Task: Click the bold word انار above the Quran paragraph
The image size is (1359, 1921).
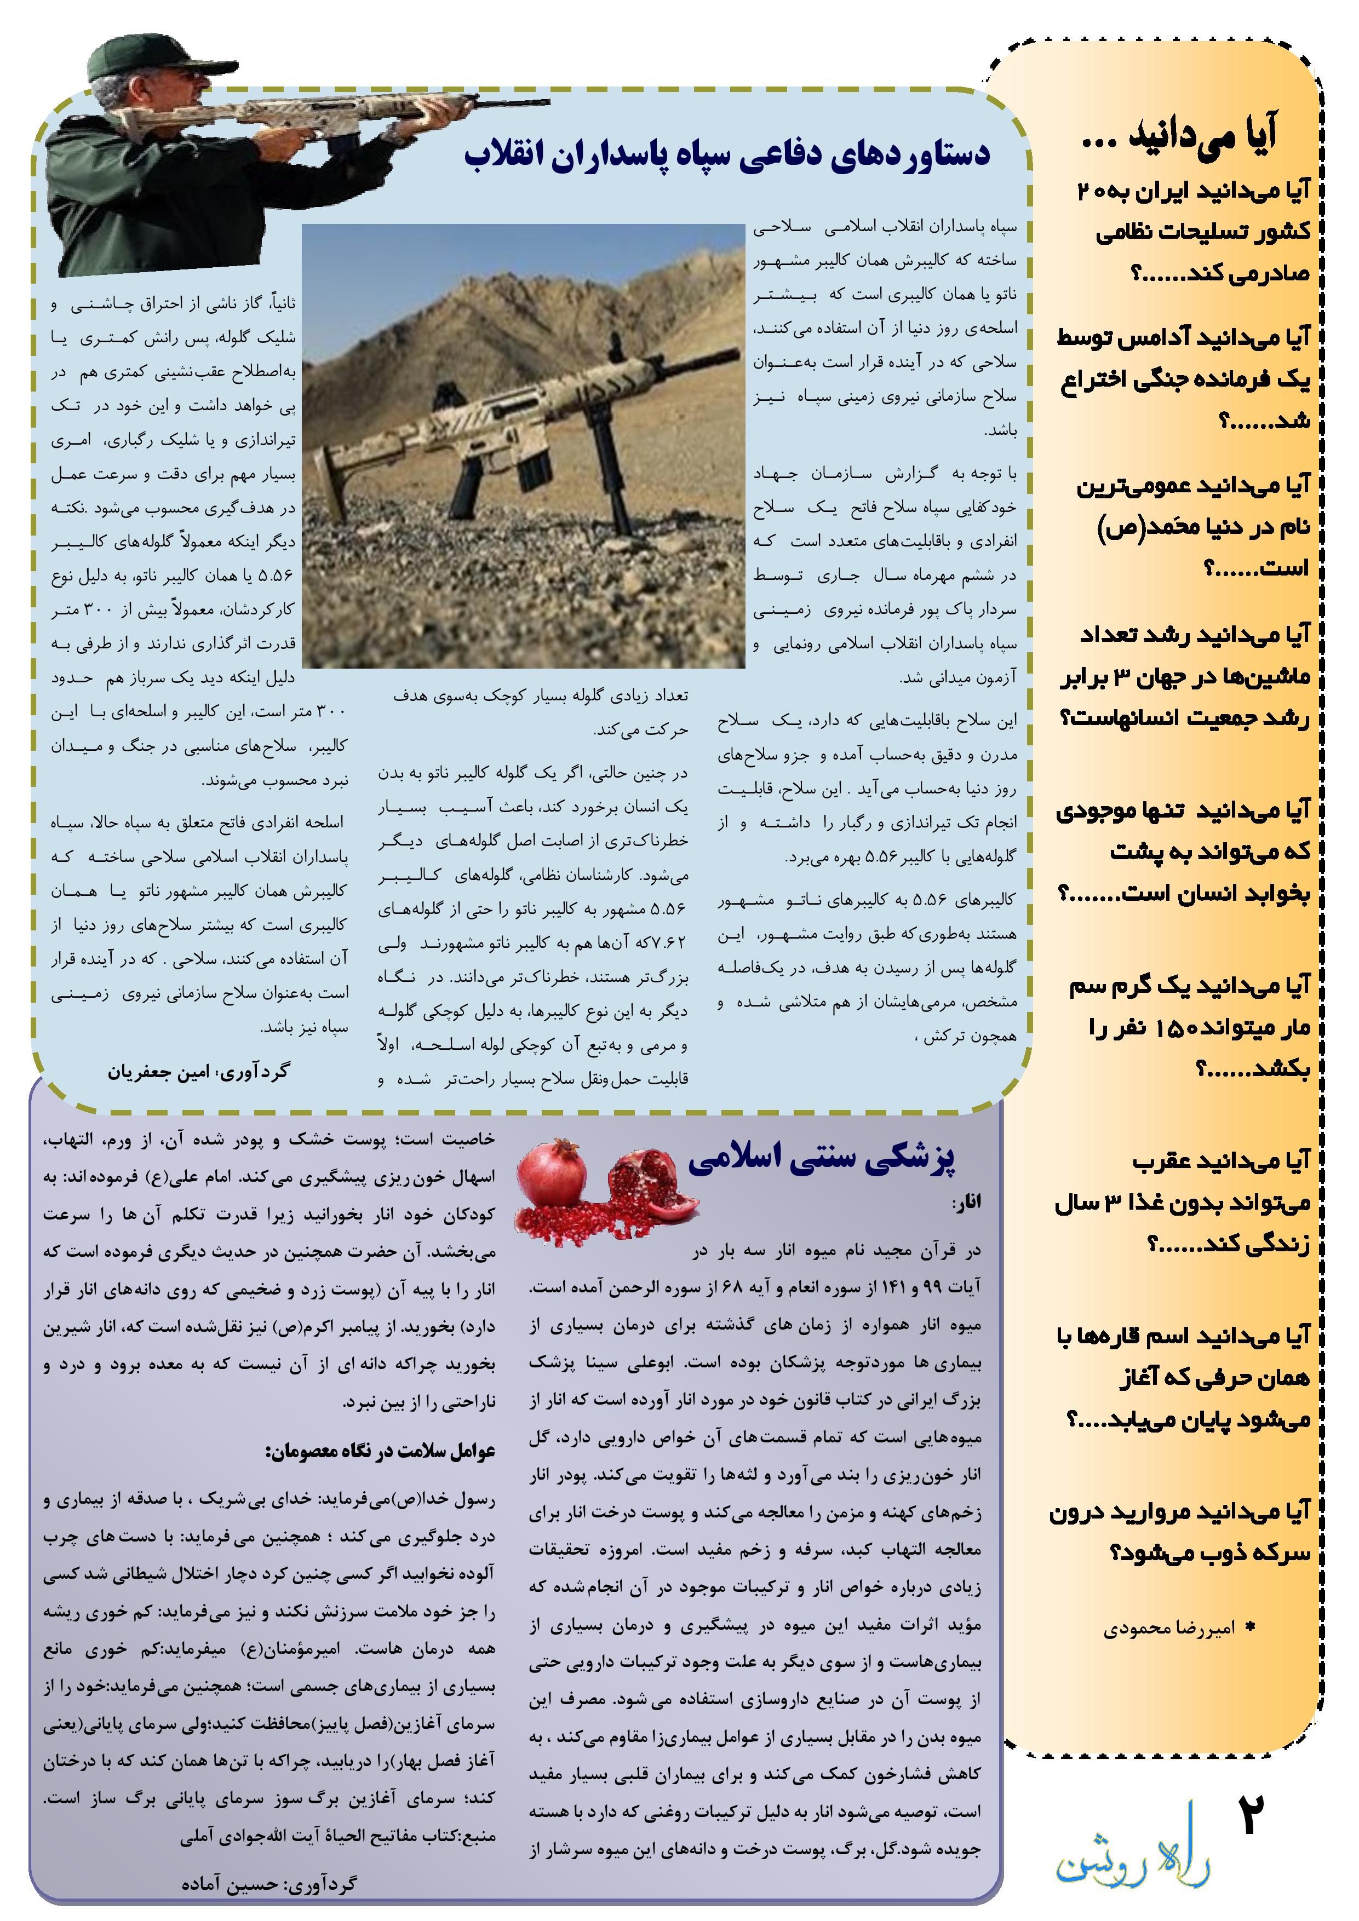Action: pos(967,1203)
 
